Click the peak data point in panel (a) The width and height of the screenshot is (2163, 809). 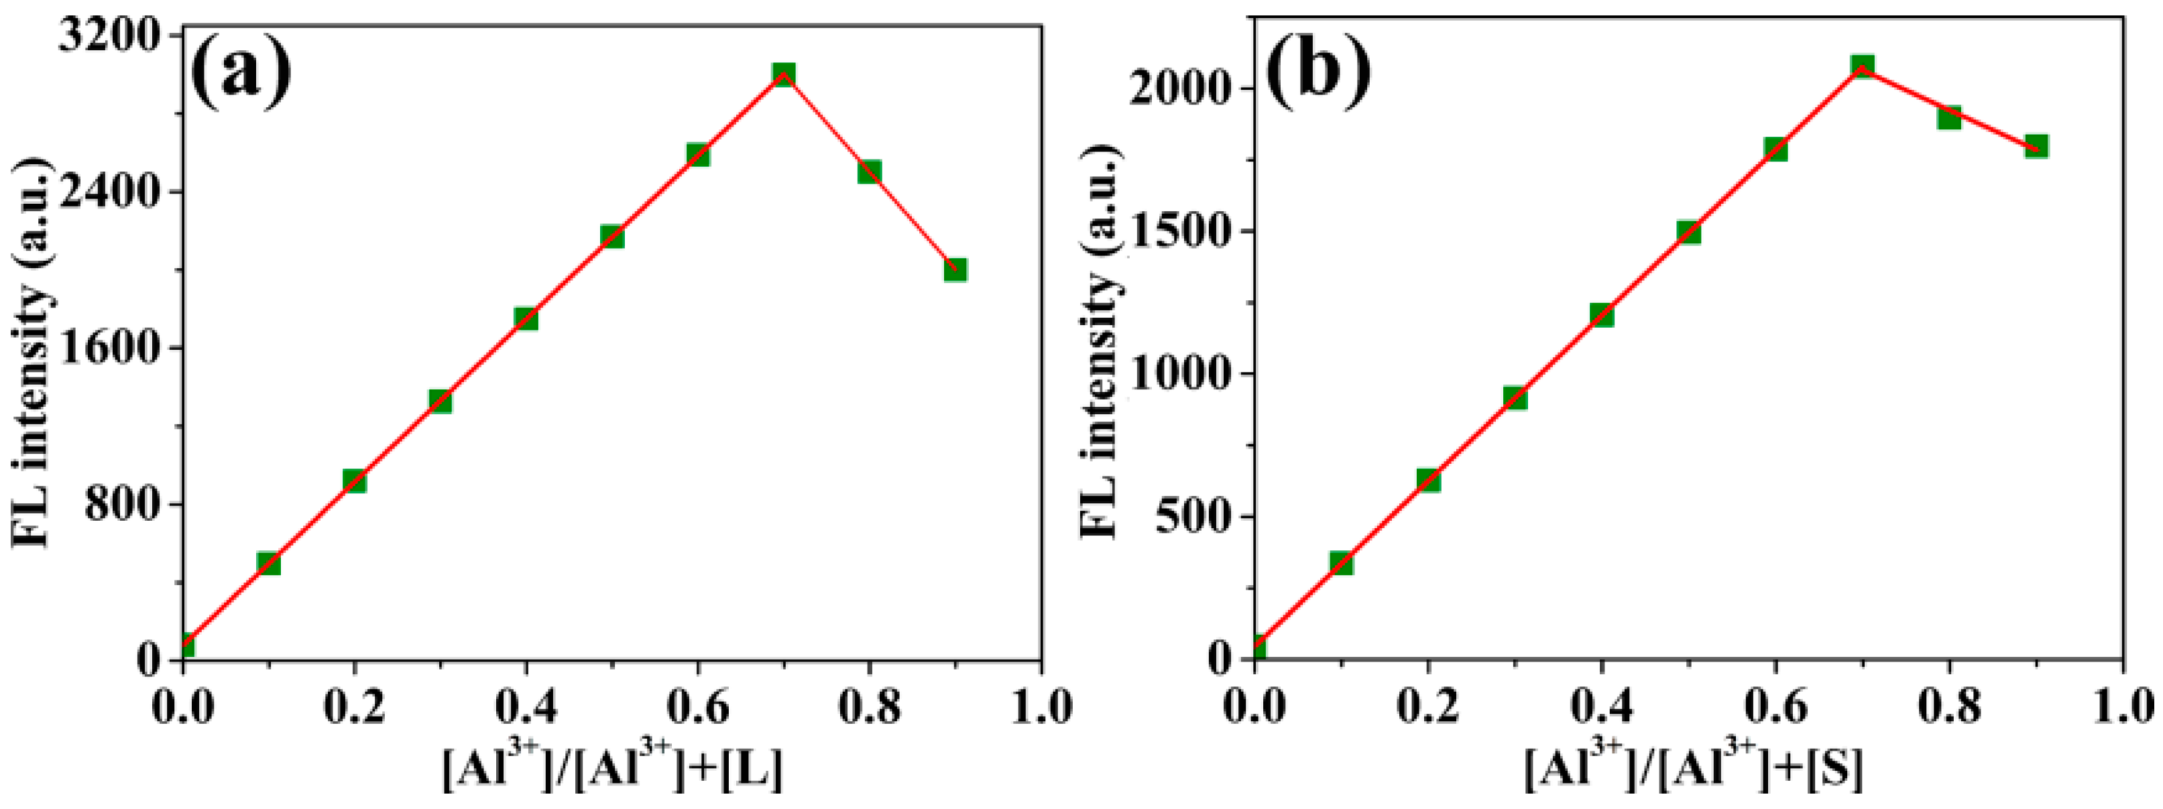[x=783, y=74]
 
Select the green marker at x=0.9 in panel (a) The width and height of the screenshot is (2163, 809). [x=955, y=269]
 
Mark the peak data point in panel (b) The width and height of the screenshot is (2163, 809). [x=1863, y=67]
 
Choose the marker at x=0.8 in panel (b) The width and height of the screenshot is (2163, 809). [x=1950, y=117]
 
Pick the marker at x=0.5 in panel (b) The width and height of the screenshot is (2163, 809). [x=1688, y=233]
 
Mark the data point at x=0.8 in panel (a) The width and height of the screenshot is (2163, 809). [x=869, y=172]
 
